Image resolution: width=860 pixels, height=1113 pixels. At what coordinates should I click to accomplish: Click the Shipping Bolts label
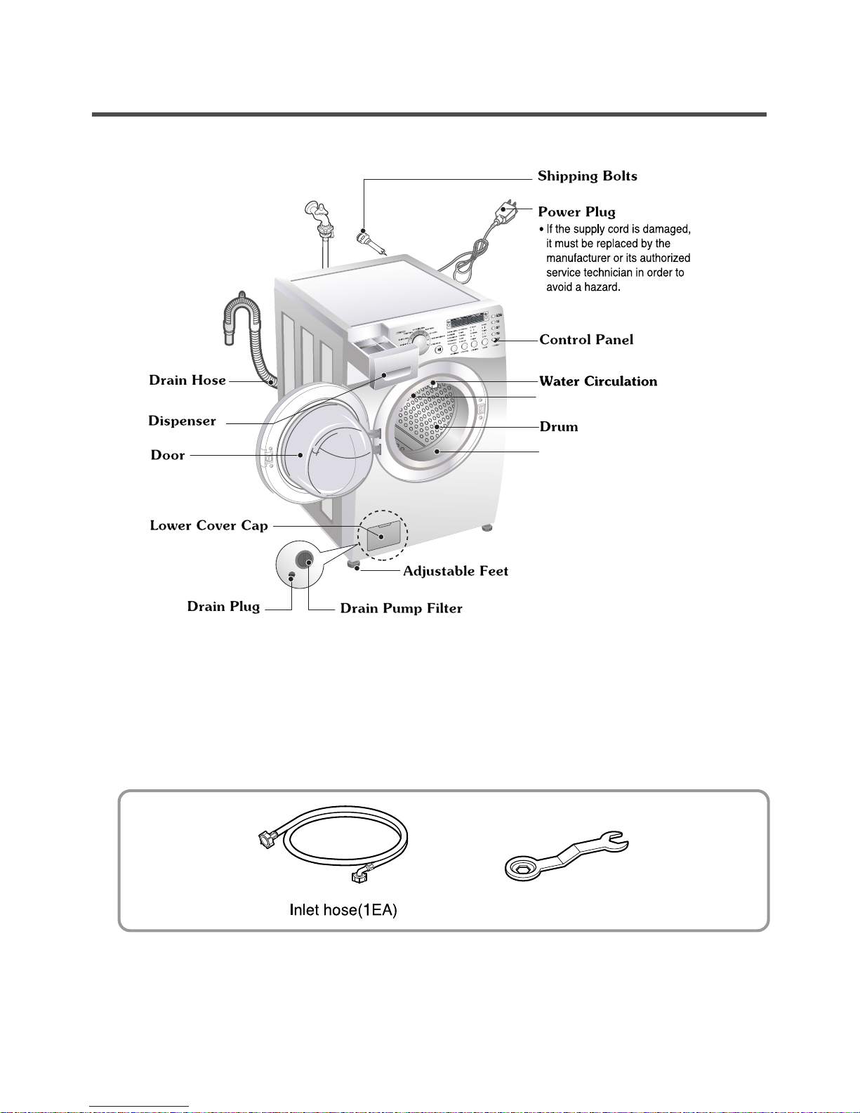[587, 176]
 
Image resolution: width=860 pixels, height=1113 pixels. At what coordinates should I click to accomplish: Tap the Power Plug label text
[576, 212]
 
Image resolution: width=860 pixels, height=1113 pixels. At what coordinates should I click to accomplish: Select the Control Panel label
[586, 340]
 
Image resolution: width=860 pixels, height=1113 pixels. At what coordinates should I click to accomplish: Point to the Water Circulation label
[598, 381]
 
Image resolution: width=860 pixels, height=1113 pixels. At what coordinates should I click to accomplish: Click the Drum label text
[559, 427]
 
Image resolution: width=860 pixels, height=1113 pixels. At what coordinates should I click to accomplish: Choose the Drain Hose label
[187, 381]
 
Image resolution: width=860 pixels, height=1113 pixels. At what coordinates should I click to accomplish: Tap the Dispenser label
[182, 421]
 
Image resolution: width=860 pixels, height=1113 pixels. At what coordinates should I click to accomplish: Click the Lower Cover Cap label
[209, 526]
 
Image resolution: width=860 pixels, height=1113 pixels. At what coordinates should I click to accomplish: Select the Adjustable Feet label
[456, 572]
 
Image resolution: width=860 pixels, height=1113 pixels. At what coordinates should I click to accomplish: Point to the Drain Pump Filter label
[401, 609]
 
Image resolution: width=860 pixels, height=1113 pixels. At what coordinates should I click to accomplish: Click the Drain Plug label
[223, 607]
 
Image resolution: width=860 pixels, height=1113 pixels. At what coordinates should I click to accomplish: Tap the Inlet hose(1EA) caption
[343, 911]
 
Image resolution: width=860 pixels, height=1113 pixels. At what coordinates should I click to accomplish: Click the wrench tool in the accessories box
[566, 854]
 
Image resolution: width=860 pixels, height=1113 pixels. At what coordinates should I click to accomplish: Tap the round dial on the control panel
[420, 341]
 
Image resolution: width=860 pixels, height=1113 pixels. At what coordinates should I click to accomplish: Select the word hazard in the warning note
[602, 287]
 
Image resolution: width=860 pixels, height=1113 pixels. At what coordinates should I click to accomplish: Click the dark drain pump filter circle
[305, 559]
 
